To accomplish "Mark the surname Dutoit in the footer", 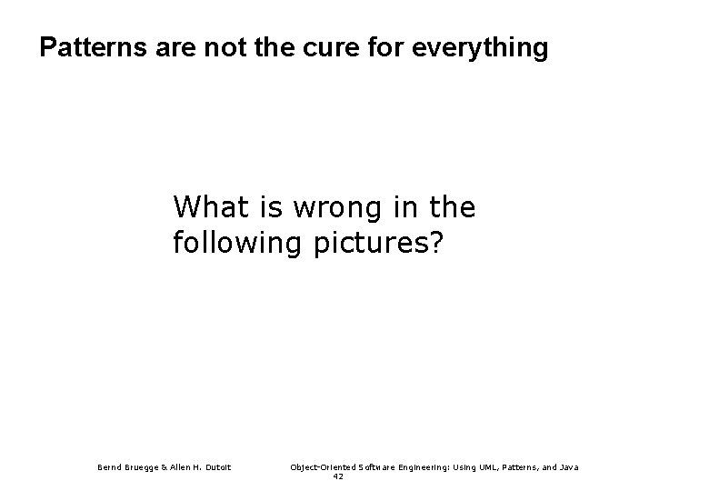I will tap(219, 467).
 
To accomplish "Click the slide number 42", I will tap(338, 476).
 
